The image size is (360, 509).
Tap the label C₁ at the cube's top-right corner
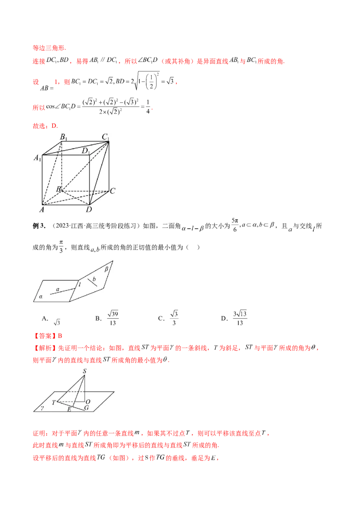pos(105,137)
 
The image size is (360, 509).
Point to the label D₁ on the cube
pos(85,151)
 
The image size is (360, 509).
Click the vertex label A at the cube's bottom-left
pos(42,210)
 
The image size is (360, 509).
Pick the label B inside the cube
pos(58,189)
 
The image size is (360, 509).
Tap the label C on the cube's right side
pos(112,191)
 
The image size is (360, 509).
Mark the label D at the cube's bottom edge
pos(89,210)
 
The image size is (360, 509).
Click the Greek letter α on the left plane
pos(40,297)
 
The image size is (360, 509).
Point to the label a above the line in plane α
pos(58,289)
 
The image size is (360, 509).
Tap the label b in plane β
pos(94,280)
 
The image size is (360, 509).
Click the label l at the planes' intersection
pos(79,284)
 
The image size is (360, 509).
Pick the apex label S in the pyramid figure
pos(84,371)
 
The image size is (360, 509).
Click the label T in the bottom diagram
pos(54,402)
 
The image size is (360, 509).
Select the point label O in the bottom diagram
pos(88,401)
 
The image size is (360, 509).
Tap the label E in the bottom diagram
pos(69,409)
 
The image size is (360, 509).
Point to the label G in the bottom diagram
pos(86,408)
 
